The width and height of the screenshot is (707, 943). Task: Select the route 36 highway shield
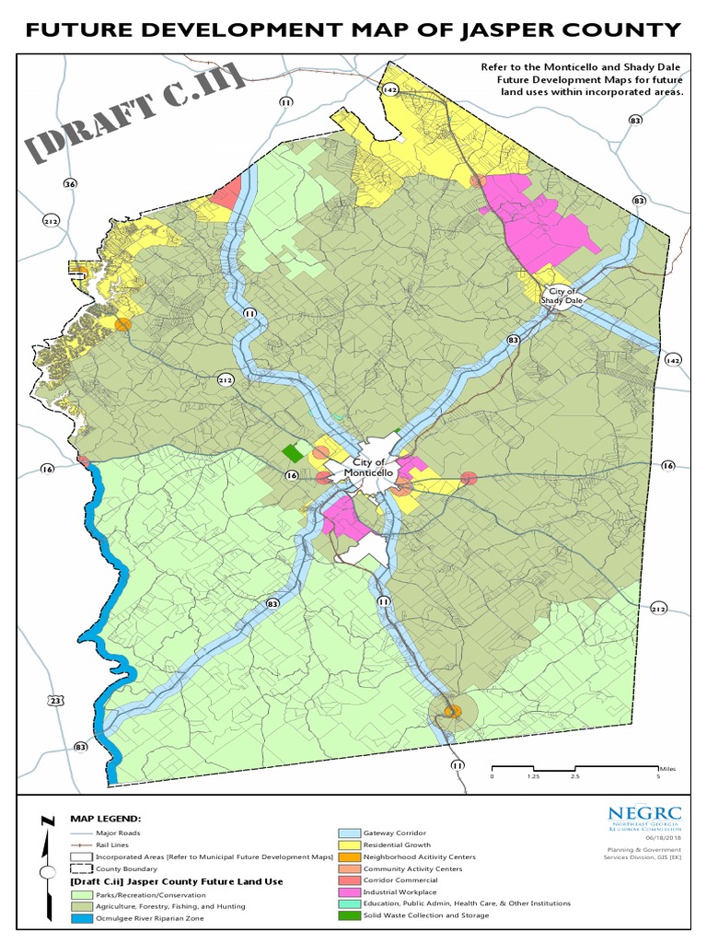click(x=70, y=184)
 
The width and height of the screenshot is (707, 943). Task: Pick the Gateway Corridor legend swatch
click(x=347, y=833)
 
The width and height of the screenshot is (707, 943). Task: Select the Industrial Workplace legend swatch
click(x=347, y=892)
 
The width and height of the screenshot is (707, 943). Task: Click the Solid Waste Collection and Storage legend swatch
click(x=347, y=915)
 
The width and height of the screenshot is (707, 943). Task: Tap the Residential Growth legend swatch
click(x=347, y=845)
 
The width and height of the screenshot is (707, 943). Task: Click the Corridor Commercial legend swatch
click(x=347, y=880)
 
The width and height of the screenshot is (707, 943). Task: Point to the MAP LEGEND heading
click(x=105, y=818)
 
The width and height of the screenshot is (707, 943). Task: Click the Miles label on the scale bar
click(x=668, y=767)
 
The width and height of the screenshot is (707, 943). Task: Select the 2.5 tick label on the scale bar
click(x=574, y=776)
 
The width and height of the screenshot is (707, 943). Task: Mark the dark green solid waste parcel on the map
click(x=293, y=454)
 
